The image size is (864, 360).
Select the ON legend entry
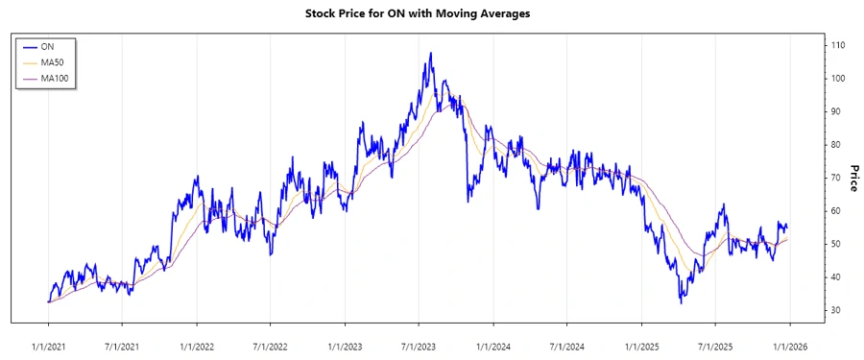click(47, 46)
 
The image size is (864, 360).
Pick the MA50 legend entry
click(53, 61)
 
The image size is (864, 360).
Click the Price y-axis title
click(851, 177)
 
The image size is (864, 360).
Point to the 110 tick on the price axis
click(838, 45)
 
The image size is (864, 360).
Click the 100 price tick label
click(838, 78)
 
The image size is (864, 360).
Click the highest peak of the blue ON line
click(430, 54)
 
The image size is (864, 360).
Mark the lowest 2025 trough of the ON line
click(681, 303)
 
